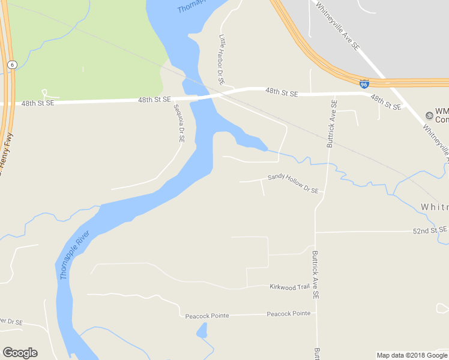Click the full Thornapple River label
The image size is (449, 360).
[76, 256]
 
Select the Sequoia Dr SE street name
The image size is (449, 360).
[179, 123]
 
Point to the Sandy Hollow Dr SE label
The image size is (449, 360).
[293, 182]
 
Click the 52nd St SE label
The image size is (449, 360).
[430, 230]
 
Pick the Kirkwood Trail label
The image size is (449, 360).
[289, 287]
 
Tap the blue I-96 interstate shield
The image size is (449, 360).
[364, 85]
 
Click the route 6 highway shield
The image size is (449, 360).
[11, 64]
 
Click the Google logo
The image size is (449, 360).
[20, 352]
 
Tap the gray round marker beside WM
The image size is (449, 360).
[429, 115]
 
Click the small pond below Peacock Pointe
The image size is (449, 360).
[202, 330]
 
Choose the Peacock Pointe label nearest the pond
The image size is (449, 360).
[207, 316]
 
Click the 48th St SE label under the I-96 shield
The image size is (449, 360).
[385, 101]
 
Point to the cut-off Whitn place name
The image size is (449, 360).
[434, 207]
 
